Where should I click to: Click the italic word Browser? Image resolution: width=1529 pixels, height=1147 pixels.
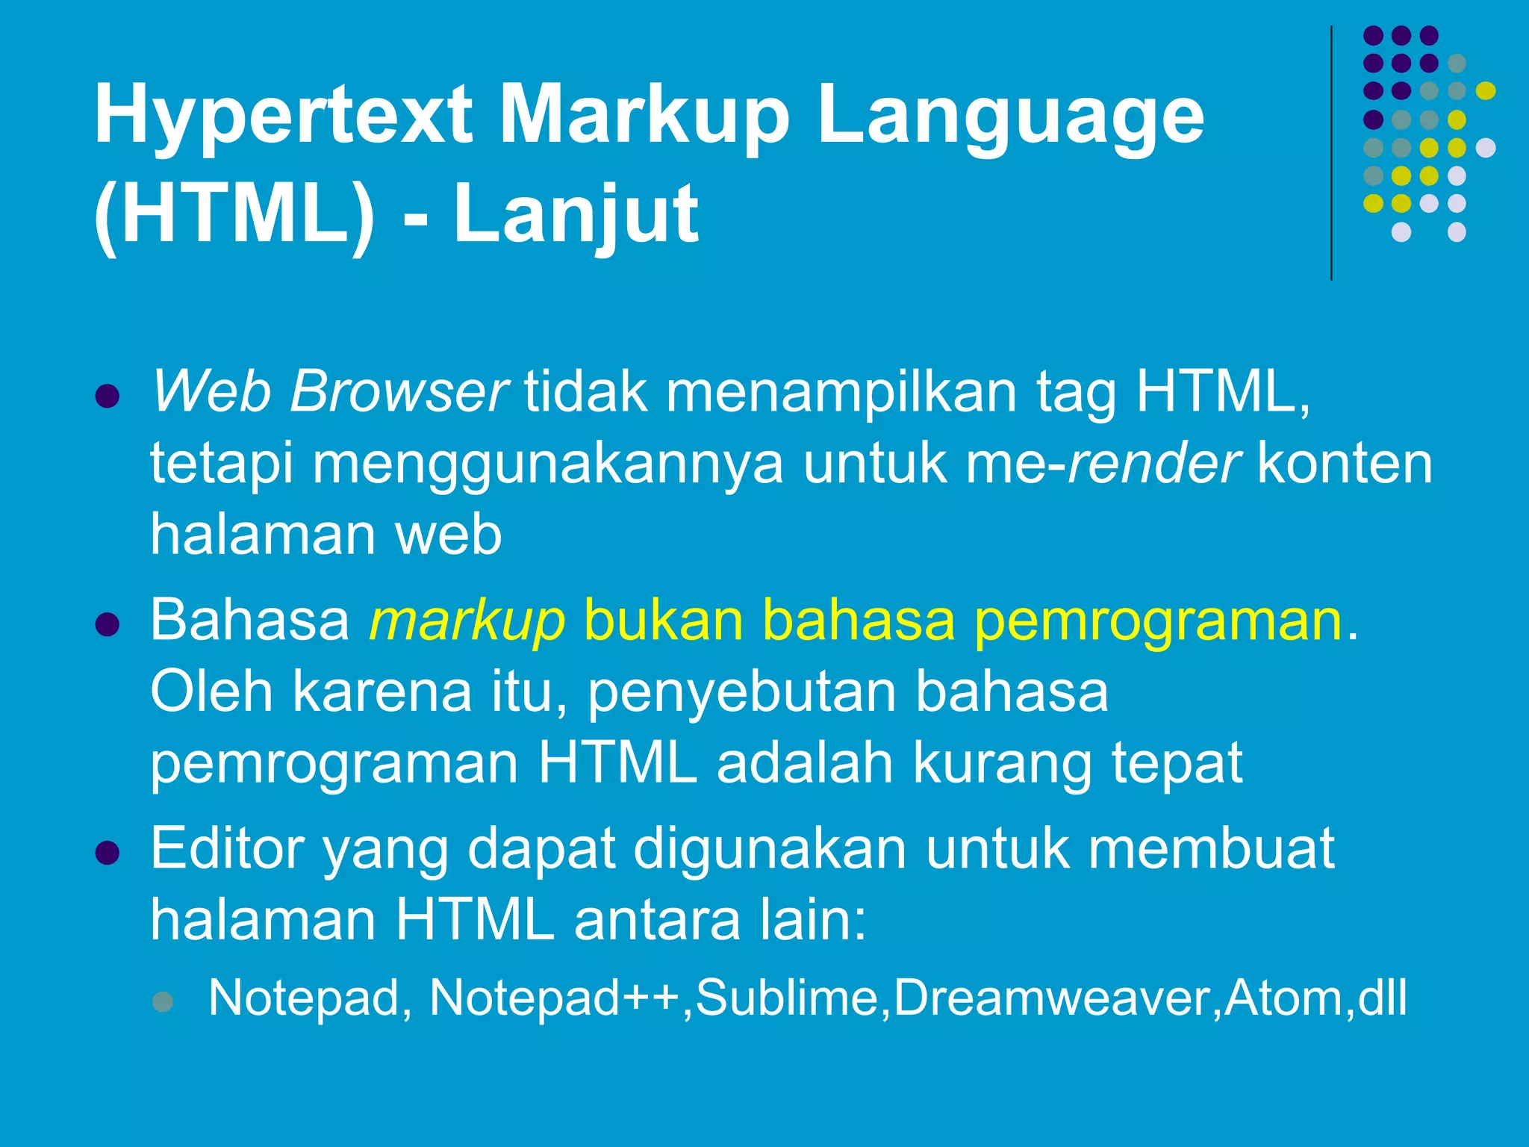tap(399, 392)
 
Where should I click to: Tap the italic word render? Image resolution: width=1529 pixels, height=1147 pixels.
tap(1153, 464)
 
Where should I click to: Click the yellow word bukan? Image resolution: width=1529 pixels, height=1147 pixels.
tap(663, 620)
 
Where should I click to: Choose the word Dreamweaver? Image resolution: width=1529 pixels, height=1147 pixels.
tap(1052, 998)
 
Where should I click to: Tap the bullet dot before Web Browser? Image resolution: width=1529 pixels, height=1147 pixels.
tap(108, 396)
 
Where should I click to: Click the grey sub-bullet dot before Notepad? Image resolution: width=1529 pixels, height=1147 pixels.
tap(163, 1001)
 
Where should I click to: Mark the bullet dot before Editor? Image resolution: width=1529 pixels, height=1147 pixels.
tap(108, 853)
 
